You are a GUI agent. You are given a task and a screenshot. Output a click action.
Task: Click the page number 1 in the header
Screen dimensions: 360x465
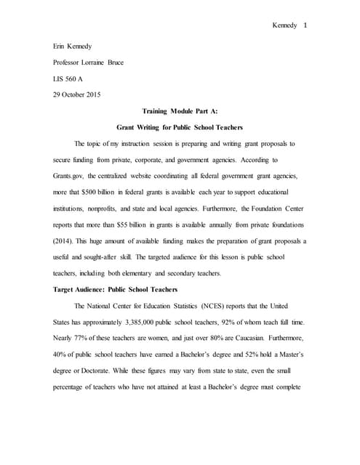point(305,26)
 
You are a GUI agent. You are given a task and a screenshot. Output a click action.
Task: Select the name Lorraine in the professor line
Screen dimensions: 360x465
point(105,62)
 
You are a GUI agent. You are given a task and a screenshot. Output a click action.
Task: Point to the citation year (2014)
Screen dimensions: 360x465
point(65,240)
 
